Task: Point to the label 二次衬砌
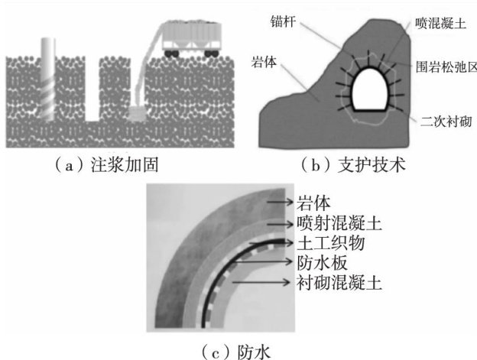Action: pos(440,120)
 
